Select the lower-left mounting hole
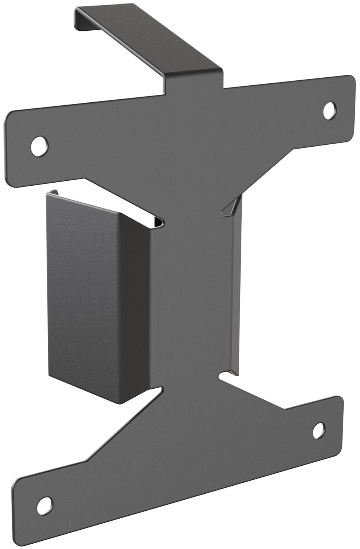45,504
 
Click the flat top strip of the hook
148,36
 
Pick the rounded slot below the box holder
155,394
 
